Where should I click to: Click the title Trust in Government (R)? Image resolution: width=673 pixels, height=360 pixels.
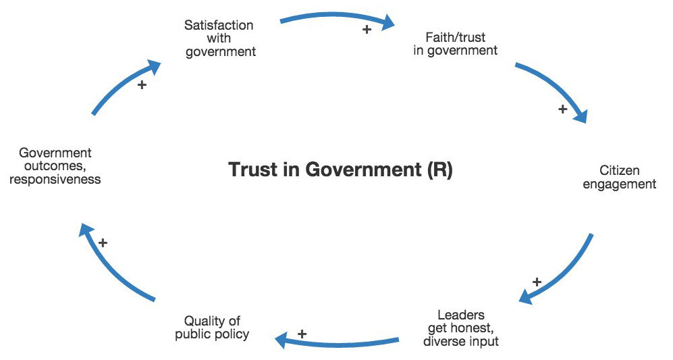click(x=340, y=170)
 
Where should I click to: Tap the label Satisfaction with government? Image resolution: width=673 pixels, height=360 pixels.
click(x=219, y=38)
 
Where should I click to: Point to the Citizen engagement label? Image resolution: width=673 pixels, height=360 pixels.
click(x=619, y=178)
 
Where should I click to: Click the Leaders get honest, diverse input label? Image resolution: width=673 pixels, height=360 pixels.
click(x=461, y=328)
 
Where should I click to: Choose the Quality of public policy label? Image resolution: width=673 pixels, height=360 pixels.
click(x=212, y=328)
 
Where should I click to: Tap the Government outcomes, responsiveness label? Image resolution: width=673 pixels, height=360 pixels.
click(x=55, y=166)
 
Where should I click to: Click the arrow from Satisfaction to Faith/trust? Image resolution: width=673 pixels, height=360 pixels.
click(x=338, y=18)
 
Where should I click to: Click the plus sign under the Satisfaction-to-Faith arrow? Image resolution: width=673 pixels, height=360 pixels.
click(x=367, y=30)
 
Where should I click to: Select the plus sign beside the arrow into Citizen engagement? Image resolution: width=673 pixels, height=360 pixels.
click(x=562, y=109)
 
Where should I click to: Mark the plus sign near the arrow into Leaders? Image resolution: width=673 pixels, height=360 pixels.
click(x=537, y=282)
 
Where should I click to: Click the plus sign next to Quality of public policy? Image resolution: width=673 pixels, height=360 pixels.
click(x=302, y=334)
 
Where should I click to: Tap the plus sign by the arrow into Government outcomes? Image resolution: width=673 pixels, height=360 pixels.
click(x=103, y=242)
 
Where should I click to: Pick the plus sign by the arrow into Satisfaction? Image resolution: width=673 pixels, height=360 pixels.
click(x=142, y=85)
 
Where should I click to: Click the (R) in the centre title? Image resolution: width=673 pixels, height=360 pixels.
click(x=440, y=170)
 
